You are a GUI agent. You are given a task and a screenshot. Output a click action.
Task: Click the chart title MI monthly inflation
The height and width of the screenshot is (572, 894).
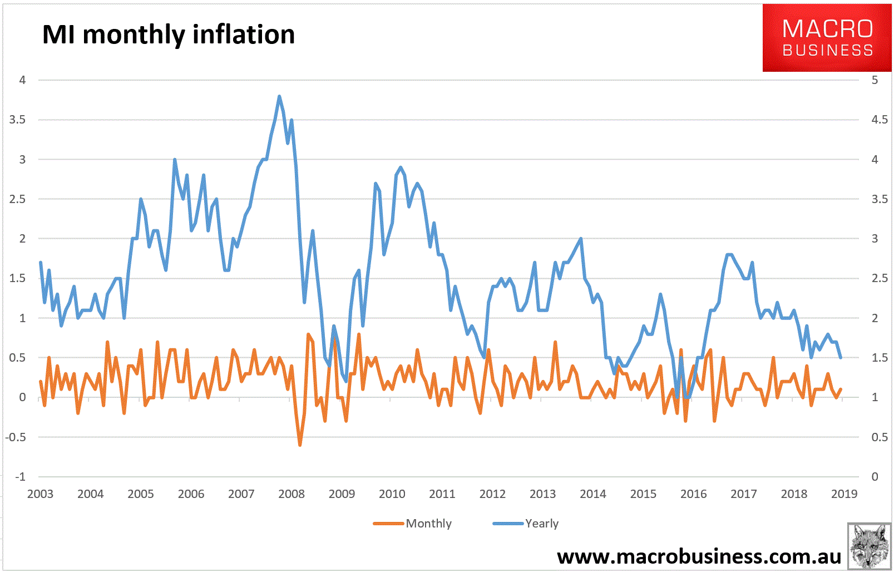pos(168,34)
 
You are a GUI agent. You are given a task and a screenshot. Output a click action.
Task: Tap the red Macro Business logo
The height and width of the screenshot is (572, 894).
pos(827,38)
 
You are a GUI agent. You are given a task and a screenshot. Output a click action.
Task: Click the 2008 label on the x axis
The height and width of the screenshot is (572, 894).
pos(292,494)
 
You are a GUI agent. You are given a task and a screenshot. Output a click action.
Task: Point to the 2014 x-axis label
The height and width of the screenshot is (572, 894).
pos(592,494)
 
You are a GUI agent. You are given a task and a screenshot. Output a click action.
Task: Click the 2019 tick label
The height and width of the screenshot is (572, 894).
pos(843,494)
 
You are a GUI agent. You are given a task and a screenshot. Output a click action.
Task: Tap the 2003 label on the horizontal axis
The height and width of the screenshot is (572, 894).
pos(40,494)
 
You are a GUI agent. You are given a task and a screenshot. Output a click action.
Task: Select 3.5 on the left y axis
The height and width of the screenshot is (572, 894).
pos(17,120)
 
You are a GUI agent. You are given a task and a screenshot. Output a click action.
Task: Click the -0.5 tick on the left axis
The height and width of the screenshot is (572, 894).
pos(16,437)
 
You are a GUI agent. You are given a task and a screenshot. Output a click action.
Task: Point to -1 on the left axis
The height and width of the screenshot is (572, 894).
pos(20,476)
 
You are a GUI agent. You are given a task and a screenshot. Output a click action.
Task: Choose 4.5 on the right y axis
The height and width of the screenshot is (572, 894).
pos(879,120)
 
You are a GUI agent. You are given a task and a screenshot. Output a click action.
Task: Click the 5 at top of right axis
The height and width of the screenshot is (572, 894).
pos(875,80)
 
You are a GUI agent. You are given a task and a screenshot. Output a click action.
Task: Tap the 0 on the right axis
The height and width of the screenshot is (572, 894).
pos(875,476)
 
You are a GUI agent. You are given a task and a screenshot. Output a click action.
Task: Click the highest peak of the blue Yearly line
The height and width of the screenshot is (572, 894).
pos(279,96)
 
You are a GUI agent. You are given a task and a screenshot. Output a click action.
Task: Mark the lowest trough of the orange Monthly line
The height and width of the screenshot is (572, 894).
pos(300,445)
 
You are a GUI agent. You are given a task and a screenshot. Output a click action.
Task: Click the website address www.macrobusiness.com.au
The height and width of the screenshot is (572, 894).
pos(699,556)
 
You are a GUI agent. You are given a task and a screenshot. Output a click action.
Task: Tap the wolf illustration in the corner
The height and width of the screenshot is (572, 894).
pos(869,546)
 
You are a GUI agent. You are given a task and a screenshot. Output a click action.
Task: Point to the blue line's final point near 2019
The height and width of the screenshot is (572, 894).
pos(840,357)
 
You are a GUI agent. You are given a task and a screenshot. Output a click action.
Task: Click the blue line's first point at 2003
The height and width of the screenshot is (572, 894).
pos(41,262)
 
